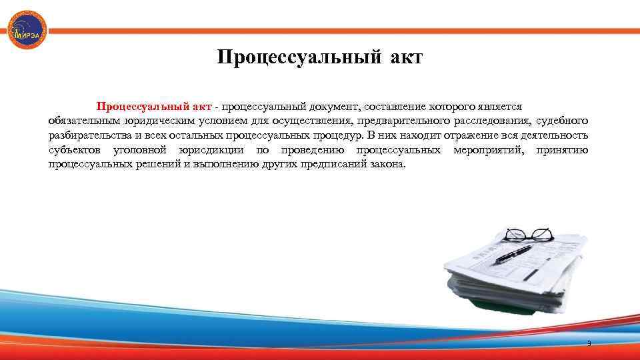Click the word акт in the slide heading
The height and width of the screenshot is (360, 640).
point(403,58)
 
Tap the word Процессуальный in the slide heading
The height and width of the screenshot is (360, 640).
point(296,58)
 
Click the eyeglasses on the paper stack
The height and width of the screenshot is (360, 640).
point(528,235)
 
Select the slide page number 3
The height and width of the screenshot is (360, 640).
point(588,343)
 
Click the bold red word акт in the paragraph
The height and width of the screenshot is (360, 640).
point(199,107)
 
